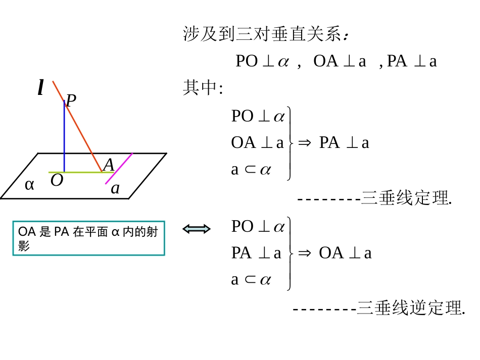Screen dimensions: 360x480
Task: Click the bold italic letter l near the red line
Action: tap(40, 88)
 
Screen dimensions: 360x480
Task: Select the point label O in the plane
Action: tap(57, 180)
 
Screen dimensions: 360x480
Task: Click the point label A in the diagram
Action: tap(109, 165)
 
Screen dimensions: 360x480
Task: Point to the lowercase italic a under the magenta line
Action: tap(115, 188)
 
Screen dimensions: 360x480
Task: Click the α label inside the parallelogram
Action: tap(29, 185)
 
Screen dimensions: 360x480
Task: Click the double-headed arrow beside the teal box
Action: tap(197, 229)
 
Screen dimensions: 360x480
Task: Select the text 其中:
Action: tap(203, 88)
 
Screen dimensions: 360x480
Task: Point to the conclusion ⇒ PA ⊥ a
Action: tap(334, 143)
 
